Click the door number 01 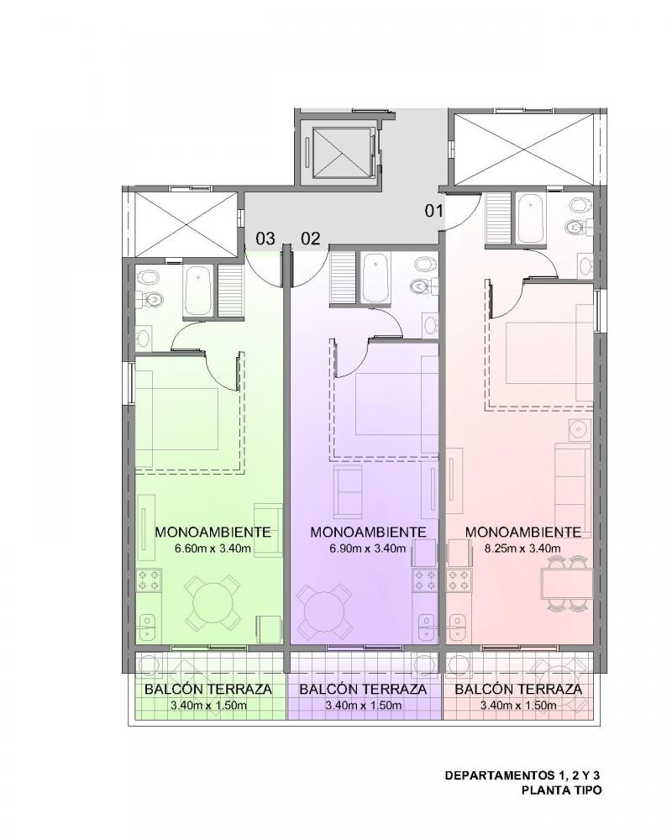(434, 211)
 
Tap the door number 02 (310, 238)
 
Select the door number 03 (265, 238)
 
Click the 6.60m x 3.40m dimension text (213, 548)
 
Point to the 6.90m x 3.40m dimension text (367, 548)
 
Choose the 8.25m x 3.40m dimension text (522, 548)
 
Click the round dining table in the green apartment (213, 602)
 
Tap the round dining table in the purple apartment (324, 611)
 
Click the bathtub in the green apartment (199, 291)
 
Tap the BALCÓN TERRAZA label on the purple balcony (363, 690)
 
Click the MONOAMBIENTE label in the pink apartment (523, 532)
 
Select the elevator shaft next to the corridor (339, 151)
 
